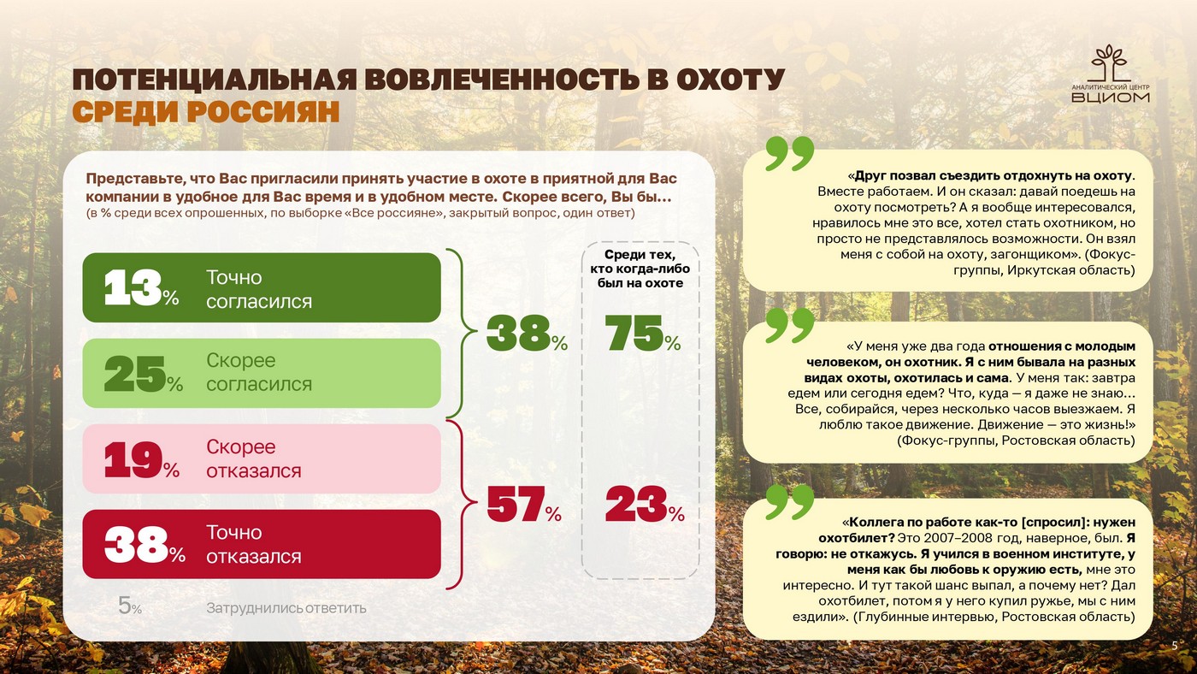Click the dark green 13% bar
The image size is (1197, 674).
pos(262,288)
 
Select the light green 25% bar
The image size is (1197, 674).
pos(262,373)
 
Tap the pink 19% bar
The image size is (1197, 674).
pos(262,459)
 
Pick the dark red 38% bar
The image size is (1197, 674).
pos(262,545)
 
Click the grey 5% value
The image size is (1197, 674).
pos(129,607)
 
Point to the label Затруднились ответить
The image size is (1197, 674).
pos(286,608)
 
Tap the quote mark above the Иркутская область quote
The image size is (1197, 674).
pos(788,153)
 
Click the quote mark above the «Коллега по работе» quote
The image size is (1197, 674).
pos(788,501)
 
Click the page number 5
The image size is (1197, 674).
pos(1174,645)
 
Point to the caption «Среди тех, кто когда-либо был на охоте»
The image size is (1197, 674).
pos(640,269)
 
